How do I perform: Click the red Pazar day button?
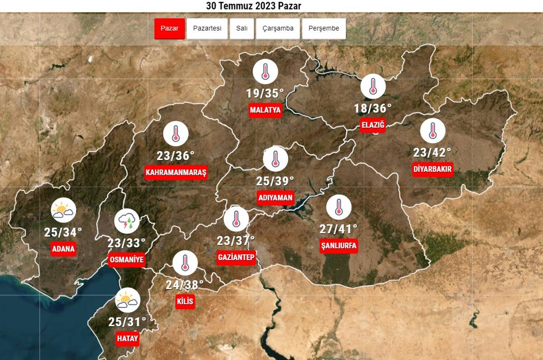click(x=170, y=28)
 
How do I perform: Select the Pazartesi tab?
click(x=207, y=28)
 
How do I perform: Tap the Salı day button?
click(x=242, y=28)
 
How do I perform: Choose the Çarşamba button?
click(x=278, y=28)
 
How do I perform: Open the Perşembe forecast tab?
click(x=324, y=28)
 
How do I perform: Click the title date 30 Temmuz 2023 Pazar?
click(x=253, y=6)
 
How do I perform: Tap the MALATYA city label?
click(x=266, y=110)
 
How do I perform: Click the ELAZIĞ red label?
click(x=373, y=125)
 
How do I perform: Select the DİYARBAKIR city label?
click(x=433, y=170)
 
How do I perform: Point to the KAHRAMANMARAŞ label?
click(x=176, y=173)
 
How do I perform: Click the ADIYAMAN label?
click(x=276, y=198)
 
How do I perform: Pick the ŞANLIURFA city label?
click(x=338, y=246)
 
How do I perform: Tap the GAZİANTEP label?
click(x=236, y=257)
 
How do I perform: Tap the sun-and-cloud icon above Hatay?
click(x=128, y=300)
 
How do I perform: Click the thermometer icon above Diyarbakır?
click(x=433, y=131)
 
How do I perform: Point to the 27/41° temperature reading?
click(x=338, y=229)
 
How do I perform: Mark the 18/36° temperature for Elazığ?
click(x=373, y=108)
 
